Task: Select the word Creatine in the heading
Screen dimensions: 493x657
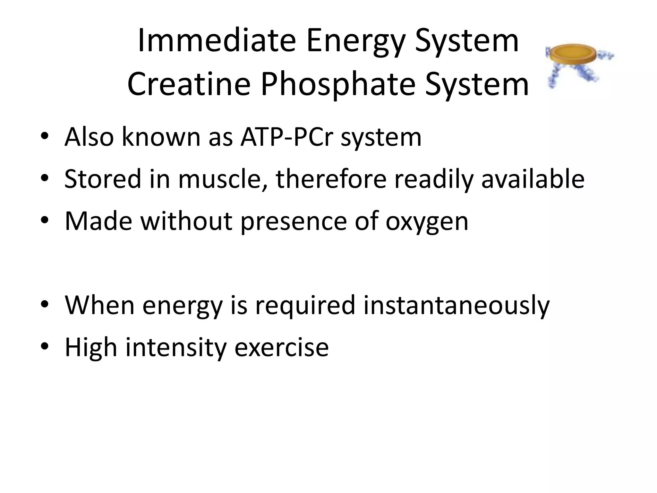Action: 189,84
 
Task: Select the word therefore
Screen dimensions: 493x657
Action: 331,179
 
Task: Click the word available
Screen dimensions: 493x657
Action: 533,179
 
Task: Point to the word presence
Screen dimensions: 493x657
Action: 294,221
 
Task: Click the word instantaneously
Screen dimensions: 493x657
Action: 456,305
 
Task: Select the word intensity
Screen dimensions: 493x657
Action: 176,348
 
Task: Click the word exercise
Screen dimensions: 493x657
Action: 281,348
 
